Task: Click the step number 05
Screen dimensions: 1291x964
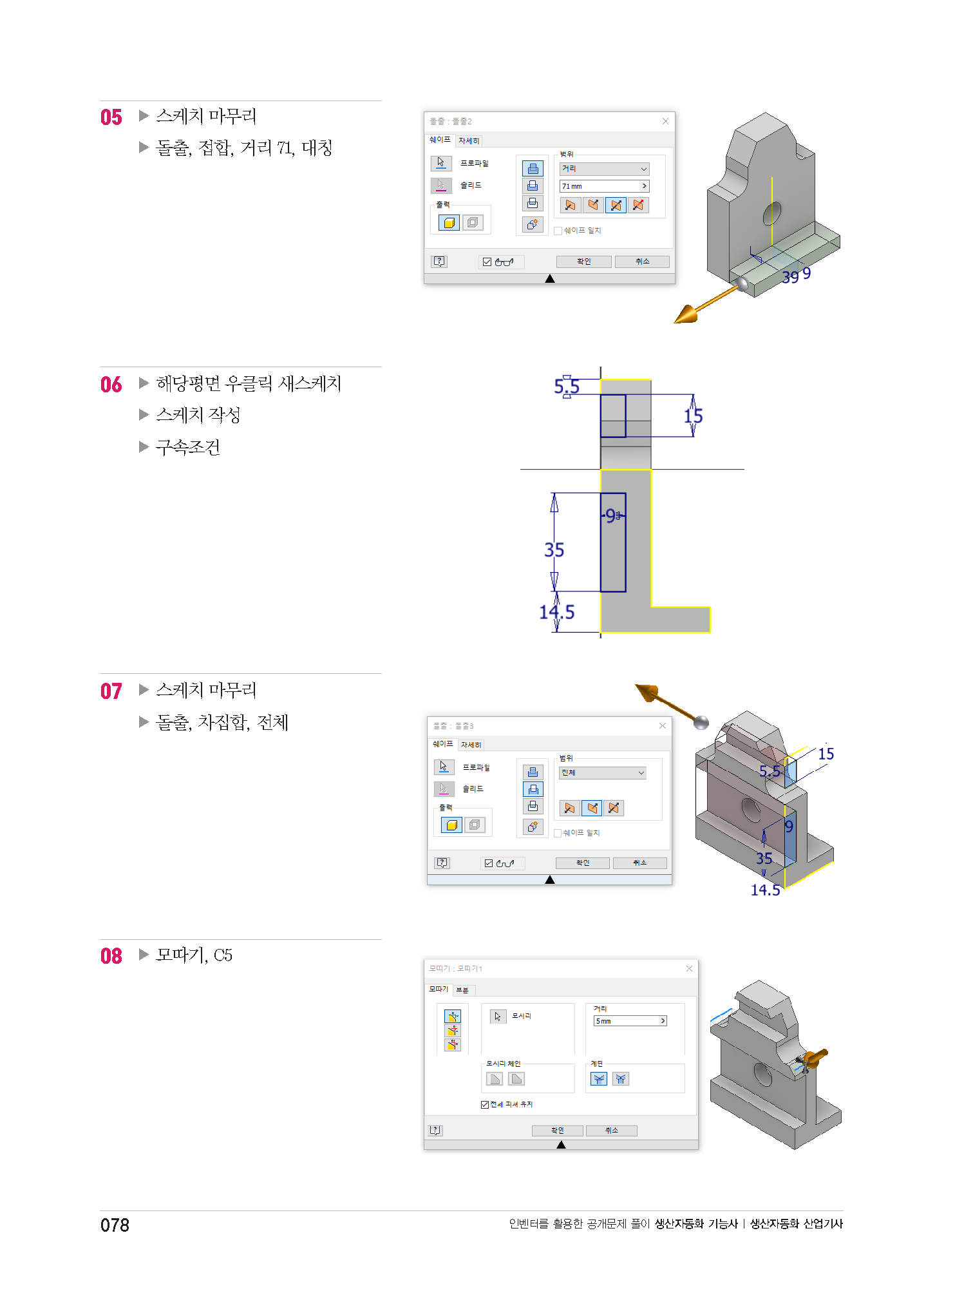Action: point(111,117)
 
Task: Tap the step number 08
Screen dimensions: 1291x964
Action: point(111,956)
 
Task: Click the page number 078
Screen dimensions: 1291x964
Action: point(115,1225)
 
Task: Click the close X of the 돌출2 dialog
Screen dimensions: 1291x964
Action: point(665,121)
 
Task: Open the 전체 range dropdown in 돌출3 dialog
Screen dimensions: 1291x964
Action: point(603,773)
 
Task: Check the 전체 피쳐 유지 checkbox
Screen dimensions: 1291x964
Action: point(485,1105)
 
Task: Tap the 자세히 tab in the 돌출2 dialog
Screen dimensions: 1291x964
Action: point(469,141)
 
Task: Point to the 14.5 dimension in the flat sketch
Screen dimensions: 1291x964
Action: point(556,612)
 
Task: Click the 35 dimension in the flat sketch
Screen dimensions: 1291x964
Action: point(554,550)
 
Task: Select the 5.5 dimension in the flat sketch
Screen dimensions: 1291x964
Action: point(567,387)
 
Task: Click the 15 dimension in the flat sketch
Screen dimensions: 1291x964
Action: point(693,416)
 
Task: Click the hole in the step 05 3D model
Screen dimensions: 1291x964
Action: point(772,213)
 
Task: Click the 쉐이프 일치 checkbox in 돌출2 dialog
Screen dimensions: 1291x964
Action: point(558,231)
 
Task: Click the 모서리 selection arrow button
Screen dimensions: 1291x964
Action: point(498,1017)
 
